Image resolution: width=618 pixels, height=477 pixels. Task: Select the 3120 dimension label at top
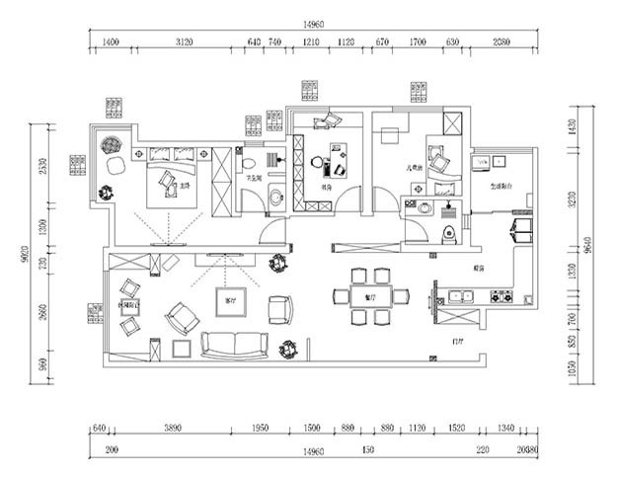point(184,43)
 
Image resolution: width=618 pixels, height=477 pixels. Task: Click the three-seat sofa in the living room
point(235,344)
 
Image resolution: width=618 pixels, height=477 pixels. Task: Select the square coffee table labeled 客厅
point(232,301)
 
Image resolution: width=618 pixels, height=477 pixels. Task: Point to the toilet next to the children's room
point(448,234)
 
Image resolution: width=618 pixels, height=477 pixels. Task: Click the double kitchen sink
point(460,294)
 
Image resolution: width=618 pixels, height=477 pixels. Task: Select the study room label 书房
point(326,186)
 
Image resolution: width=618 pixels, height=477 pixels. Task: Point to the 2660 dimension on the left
point(42,314)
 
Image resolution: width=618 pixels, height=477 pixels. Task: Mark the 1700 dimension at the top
point(418,43)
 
